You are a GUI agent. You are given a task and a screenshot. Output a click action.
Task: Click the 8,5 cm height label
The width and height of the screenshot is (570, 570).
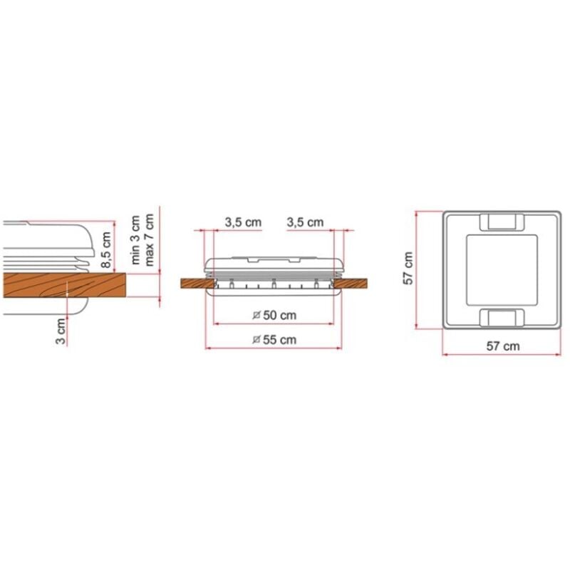[105, 250]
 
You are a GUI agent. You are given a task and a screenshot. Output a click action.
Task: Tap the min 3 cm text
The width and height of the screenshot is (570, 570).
[135, 239]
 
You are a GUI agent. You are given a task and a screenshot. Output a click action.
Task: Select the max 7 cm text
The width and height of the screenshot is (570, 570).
[149, 239]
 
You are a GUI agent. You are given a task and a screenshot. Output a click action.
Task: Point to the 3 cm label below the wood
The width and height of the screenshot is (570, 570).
[61, 331]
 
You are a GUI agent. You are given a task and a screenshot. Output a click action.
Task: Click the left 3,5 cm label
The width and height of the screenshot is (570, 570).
[243, 222]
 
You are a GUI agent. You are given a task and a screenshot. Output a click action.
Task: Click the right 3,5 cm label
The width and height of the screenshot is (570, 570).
[305, 222]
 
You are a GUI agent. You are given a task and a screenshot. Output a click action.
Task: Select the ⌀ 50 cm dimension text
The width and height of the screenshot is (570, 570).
[275, 315]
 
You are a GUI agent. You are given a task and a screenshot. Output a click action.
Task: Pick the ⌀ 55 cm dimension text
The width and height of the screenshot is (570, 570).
[275, 340]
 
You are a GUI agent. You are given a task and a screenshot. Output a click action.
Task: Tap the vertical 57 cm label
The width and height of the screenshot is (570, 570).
[408, 269]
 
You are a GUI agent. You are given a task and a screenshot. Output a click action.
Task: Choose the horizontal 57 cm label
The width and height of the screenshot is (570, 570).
[503, 346]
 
